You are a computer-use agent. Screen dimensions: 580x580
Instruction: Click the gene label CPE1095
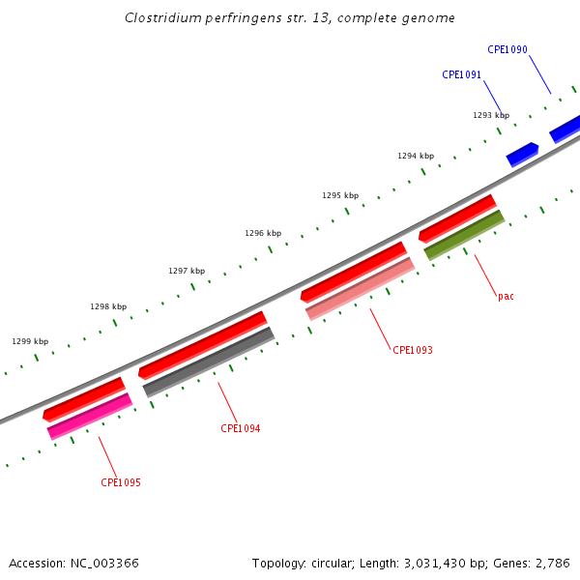(121, 482)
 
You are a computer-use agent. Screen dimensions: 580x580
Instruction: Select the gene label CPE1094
(240, 428)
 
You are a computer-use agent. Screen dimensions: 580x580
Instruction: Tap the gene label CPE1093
(413, 350)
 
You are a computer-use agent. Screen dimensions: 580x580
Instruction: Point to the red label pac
(506, 296)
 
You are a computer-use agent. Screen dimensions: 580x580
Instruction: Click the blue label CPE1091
(462, 74)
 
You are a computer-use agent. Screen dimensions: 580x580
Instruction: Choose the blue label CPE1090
(507, 49)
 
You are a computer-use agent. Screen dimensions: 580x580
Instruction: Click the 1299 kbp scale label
(30, 341)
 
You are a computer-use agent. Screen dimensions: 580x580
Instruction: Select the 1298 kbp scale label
(108, 306)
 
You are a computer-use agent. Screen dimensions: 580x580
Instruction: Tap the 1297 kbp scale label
(187, 271)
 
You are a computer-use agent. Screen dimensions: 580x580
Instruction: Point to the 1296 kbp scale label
(263, 233)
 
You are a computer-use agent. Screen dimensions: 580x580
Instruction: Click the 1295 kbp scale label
(340, 195)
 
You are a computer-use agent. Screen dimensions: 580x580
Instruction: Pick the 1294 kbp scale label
(416, 156)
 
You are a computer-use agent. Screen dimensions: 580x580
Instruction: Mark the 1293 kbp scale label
(491, 115)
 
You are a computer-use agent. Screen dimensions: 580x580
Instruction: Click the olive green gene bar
(464, 235)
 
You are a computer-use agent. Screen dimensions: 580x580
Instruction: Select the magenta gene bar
(90, 417)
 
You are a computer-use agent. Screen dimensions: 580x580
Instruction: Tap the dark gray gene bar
(209, 362)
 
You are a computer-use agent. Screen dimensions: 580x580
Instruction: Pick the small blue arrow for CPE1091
(522, 154)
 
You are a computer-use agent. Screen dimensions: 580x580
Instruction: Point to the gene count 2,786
(551, 563)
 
